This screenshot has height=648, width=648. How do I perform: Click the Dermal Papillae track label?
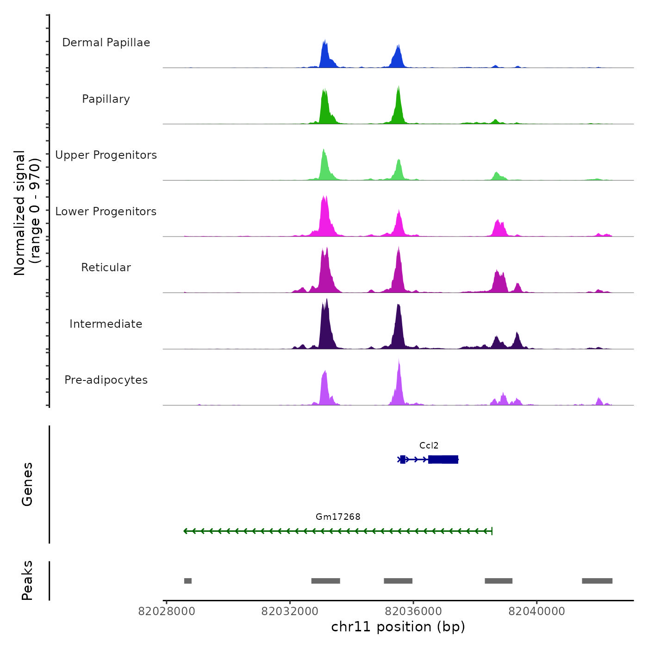(x=106, y=43)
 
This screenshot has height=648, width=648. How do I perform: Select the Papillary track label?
(x=106, y=99)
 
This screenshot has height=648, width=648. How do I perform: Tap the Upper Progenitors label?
(x=106, y=155)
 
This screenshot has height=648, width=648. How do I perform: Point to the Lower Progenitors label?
(x=106, y=212)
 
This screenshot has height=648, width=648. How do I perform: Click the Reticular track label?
(x=106, y=268)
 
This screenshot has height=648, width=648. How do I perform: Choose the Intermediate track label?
(x=106, y=324)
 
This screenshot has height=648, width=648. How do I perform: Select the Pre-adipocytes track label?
(x=106, y=380)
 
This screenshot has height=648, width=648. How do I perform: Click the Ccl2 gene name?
(x=429, y=446)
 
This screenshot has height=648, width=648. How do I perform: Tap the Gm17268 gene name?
(x=338, y=517)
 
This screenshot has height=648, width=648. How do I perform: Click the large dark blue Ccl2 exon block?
(x=443, y=459)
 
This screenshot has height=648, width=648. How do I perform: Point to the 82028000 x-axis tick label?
(x=167, y=611)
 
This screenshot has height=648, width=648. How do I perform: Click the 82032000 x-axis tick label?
(x=290, y=611)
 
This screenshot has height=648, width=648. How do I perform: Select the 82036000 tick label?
(x=413, y=611)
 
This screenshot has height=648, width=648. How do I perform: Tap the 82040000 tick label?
(x=537, y=611)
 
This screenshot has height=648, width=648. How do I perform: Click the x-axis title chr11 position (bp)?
(x=398, y=627)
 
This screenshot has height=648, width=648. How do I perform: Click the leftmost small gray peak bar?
(x=187, y=581)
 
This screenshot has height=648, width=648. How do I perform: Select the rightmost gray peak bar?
(x=597, y=581)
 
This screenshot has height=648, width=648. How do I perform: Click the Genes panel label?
(x=27, y=484)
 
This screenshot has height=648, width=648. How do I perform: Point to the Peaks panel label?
(x=27, y=580)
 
